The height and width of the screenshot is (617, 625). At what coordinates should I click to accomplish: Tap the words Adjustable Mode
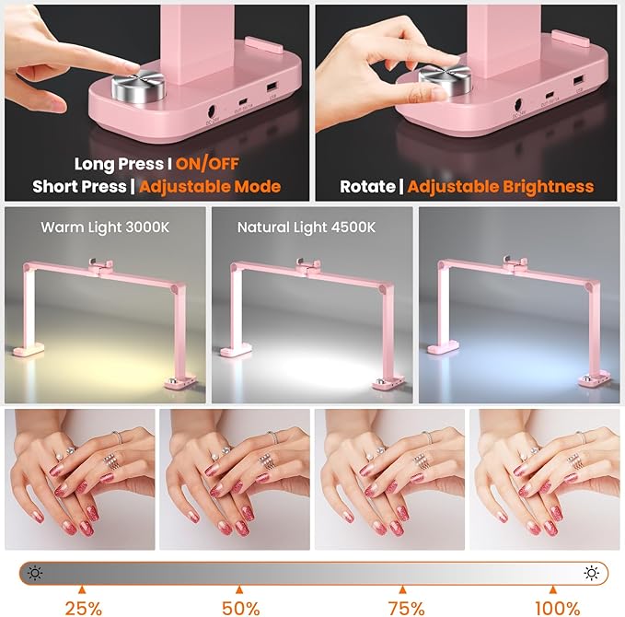coord(211,186)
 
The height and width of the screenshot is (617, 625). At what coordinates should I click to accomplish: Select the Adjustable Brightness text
coord(501,186)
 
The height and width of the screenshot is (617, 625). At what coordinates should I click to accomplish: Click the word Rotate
coord(367,186)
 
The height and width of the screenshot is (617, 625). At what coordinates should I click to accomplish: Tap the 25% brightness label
coord(83,607)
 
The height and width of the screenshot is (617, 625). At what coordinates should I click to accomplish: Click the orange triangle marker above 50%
coord(239,589)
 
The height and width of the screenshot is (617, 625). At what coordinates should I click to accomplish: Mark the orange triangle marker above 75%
coord(401,589)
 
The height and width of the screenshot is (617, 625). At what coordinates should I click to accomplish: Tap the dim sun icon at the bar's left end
coord(35,573)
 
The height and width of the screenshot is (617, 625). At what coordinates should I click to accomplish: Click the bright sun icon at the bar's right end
coord(591,573)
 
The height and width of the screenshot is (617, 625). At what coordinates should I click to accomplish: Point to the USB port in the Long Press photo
coord(272,87)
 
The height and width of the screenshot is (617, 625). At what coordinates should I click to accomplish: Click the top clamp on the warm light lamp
coord(99,266)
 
